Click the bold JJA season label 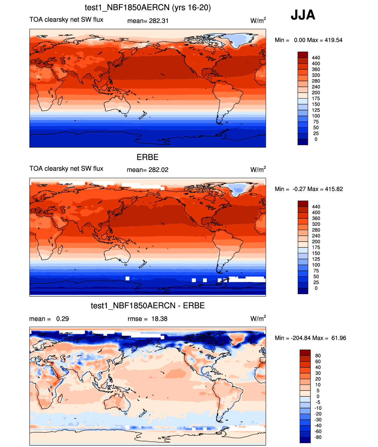[303, 15]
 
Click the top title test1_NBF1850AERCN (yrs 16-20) [148, 7]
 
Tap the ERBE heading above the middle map [147, 157]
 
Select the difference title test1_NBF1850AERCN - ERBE [148, 305]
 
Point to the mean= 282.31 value [148, 21]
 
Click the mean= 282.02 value [147, 170]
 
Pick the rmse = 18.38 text [147, 319]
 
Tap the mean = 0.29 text [49, 319]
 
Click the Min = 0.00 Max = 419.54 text [309, 40]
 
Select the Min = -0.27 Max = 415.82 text [309, 189]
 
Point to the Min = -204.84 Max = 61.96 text [310, 338]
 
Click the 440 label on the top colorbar [316, 58]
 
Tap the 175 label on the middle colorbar [316, 247]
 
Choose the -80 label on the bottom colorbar [318, 437]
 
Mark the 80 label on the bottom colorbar [318, 355]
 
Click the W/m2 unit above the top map [258, 21]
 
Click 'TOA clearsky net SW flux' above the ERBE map [66, 169]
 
